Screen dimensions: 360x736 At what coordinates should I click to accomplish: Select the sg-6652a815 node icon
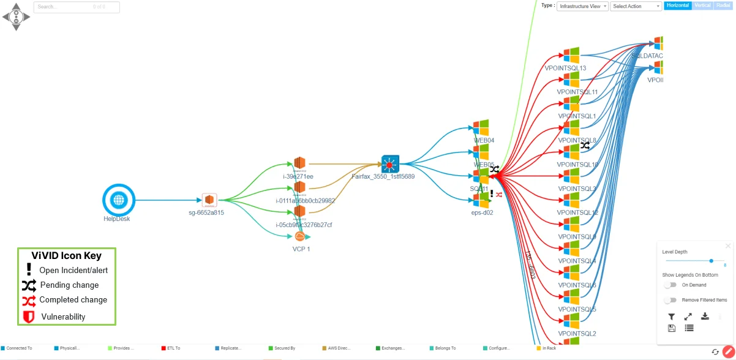point(210,200)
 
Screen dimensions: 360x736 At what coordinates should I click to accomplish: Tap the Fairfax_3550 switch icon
point(390,164)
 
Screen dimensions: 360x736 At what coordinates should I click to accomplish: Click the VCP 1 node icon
point(299,237)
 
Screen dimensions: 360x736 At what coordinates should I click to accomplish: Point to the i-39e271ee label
point(298,177)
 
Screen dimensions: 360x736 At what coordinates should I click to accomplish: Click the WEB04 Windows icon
point(481,129)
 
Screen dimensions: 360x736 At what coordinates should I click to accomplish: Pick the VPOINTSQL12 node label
point(577,213)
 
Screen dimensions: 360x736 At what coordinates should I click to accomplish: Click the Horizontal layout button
point(677,6)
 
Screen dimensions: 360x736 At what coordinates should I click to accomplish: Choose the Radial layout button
point(723,6)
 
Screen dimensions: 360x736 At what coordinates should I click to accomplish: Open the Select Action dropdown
point(636,6)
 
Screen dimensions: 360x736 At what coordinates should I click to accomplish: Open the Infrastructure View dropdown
point(582,6)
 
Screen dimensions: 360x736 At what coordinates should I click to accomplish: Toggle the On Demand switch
point(670,285)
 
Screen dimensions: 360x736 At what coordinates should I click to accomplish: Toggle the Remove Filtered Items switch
point(670,300)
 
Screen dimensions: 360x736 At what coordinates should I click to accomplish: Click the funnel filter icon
point(672,317)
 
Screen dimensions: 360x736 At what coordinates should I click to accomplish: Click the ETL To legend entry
point(173,348)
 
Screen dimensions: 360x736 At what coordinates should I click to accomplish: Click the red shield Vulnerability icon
point(28,317)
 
